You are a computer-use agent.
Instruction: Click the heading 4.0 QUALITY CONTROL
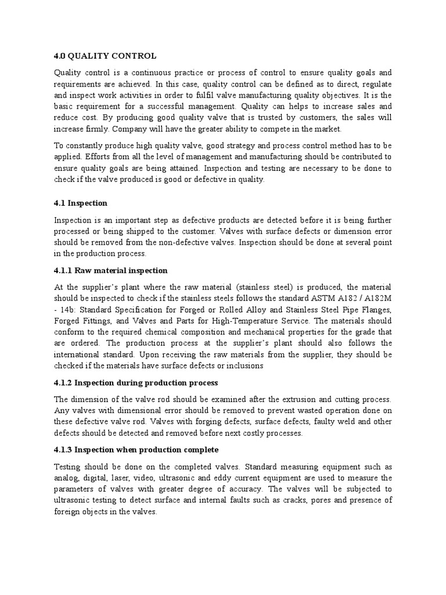[x=105, y=56]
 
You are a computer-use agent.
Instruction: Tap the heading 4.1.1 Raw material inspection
[x=111, y=270]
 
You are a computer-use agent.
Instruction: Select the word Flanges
[x=376, y=310]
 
